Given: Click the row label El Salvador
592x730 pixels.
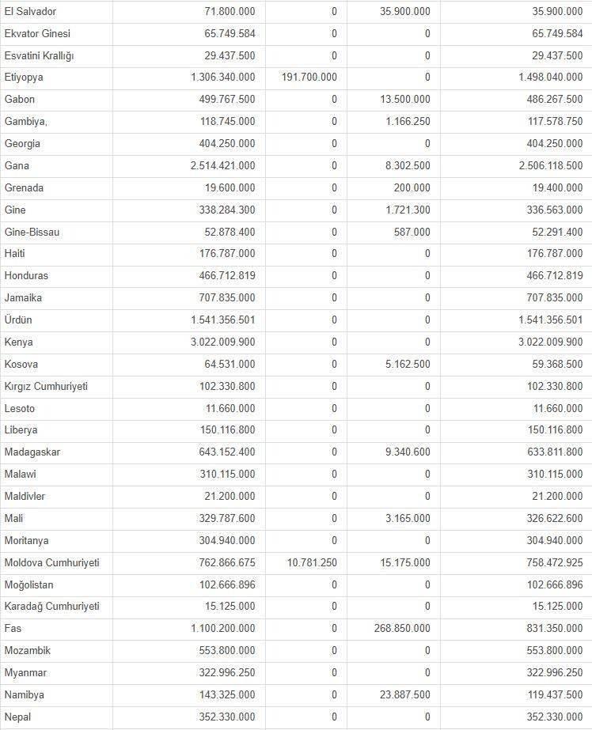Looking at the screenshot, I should [x=30, y=11].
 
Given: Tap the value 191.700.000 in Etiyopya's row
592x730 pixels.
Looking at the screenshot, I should [x=309, y=78].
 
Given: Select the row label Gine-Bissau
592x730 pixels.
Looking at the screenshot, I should [x=32, y=233].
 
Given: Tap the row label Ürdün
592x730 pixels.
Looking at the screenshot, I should [x=18, y=320].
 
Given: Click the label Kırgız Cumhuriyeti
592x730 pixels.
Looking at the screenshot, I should [x=46, y=387].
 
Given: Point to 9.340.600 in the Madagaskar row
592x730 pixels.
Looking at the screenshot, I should [x=406, y=452].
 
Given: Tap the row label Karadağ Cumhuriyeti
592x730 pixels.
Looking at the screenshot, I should [x=51, y=607].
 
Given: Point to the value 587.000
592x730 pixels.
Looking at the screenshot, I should [x=412, y=233].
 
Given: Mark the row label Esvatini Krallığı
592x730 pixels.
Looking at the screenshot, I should [x=39, y=55].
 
